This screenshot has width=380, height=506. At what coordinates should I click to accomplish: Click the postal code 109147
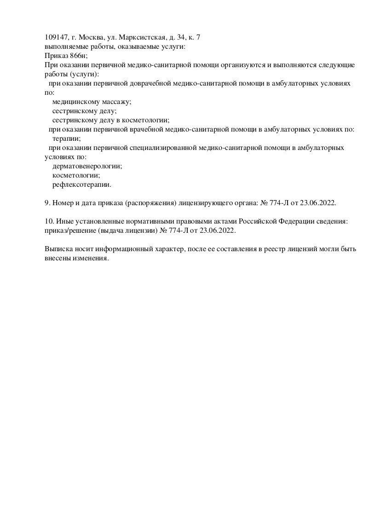point(57,37)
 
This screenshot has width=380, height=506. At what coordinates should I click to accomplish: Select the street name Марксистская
point(139,37)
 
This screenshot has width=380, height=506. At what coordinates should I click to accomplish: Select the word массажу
point(115,102)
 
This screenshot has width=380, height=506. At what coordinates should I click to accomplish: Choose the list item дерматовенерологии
point(87,166)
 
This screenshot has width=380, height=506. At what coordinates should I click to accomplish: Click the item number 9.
point(47,203)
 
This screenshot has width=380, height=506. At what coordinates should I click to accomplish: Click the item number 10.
point(49,221)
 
